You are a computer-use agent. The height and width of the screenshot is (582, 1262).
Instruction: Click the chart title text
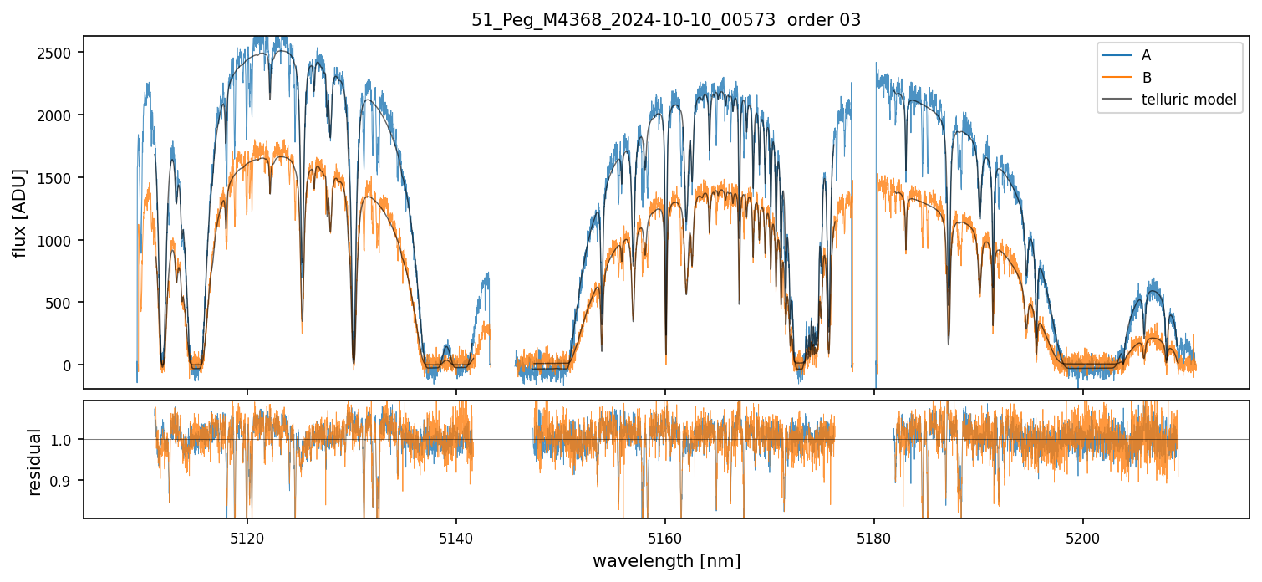coord(666,20)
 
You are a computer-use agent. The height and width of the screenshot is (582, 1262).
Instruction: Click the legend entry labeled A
coord(1146,55)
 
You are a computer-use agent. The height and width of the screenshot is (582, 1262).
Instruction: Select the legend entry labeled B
coord(1146,78)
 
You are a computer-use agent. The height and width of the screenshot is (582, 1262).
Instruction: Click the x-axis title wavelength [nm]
coord(666,561)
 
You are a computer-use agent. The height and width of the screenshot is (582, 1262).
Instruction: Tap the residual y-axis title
coord(35,462)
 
